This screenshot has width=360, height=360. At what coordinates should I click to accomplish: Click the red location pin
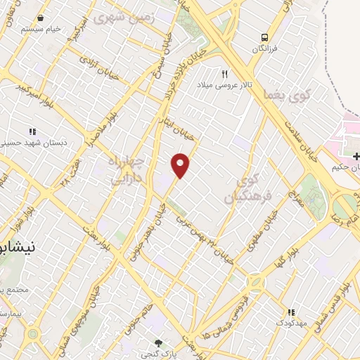pyautogui.click(x=181, y=165)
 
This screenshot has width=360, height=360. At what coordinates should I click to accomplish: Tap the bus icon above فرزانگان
pyautogui.click(x=264, y=37)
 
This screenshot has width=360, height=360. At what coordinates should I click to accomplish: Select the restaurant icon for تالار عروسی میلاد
pyautogui.click(x=225, y=73)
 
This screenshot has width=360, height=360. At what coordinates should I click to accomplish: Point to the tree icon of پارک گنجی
pyautogui.click(x=158, y=342)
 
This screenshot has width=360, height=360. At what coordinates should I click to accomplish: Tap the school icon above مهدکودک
pyautogui.click(x=289, y=312)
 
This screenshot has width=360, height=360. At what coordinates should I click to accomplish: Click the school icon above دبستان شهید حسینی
pyautogui.click(x=32, y=131)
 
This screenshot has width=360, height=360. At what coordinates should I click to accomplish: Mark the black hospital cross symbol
pyautogui.click(x=356, y=155)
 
